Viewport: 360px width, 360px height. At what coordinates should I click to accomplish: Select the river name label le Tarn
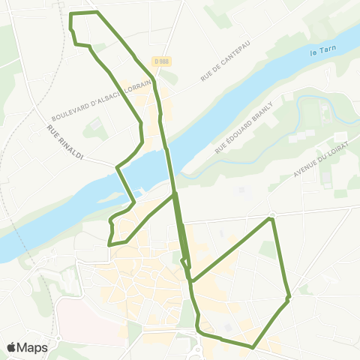click(x=323, y=53)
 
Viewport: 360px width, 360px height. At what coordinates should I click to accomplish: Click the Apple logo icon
click(x=12, y=347)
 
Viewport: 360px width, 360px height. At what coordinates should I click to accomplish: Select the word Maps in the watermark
click(x=32, y=347)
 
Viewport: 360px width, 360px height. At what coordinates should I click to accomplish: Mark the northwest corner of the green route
click(x=70, y=13)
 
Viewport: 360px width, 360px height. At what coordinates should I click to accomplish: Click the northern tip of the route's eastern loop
click(x=271, y=219)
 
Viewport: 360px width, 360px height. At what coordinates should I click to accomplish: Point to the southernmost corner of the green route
click(x=253, y=347)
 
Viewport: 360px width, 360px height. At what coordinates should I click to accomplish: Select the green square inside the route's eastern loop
click(x=267, y=250)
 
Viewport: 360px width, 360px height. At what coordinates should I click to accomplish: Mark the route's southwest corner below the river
click(x=109, y=244)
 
